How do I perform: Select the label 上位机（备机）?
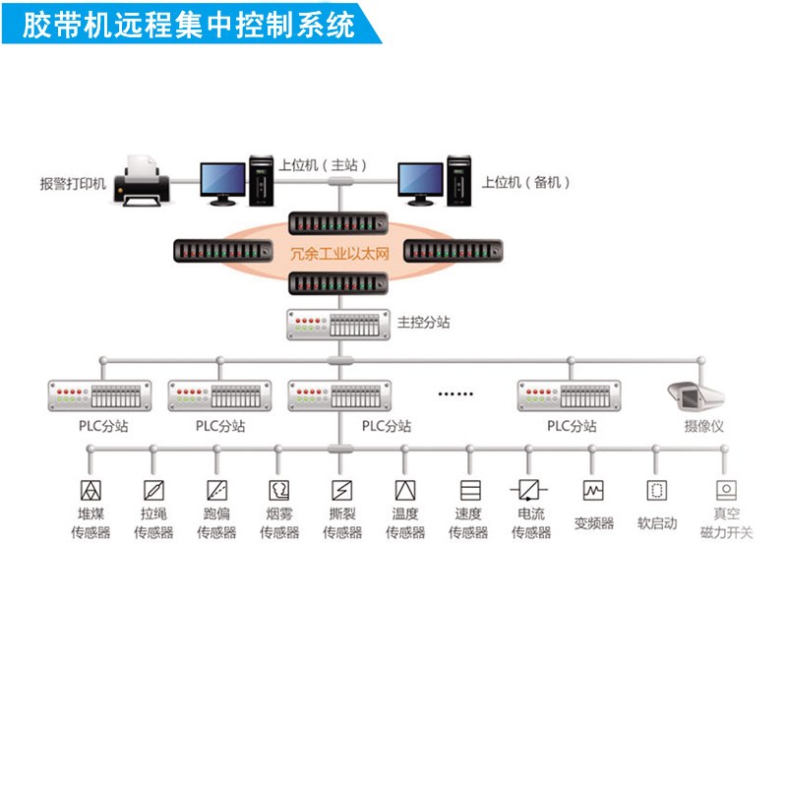pos(525,182)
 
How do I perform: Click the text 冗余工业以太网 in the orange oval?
pos(339,253)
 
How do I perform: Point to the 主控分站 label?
pos(424,322)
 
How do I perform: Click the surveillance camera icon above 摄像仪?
pos(695,395)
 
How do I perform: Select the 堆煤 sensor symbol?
pos(91,490)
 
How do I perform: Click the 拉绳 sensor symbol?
pos(153,490)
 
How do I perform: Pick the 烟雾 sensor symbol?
pos(279,490)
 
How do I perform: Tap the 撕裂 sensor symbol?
pos(341,490)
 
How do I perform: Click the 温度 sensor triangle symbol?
pos(404,490)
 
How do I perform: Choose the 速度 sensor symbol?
pos(468,490)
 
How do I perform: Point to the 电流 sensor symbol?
pos(530,490)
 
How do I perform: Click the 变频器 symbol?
pos(593,490)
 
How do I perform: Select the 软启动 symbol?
pos(656,490)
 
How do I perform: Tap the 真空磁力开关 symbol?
pos(726,490)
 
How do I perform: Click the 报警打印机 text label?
pos(73,183)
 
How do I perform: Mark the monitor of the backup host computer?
pos(420,180)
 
